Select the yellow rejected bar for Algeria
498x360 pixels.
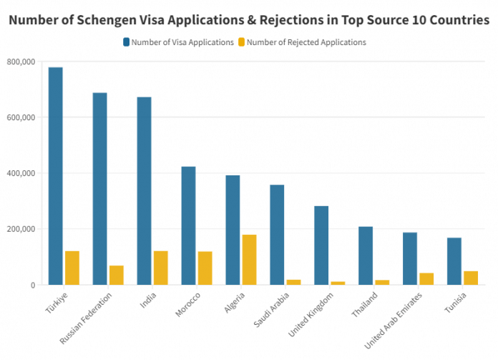(x=249, y=260)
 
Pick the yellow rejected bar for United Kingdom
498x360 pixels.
(x=338, y=283)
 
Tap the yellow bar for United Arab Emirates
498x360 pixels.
(x=426, y=279)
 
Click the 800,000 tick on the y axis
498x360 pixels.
(x=21, y=62)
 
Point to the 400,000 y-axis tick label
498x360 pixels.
(x=21, y=173)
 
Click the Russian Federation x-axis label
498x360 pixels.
(x=87, y=317)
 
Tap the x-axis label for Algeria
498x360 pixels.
(x=235, y=302)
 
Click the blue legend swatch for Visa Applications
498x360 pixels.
(x=126, y=42)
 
